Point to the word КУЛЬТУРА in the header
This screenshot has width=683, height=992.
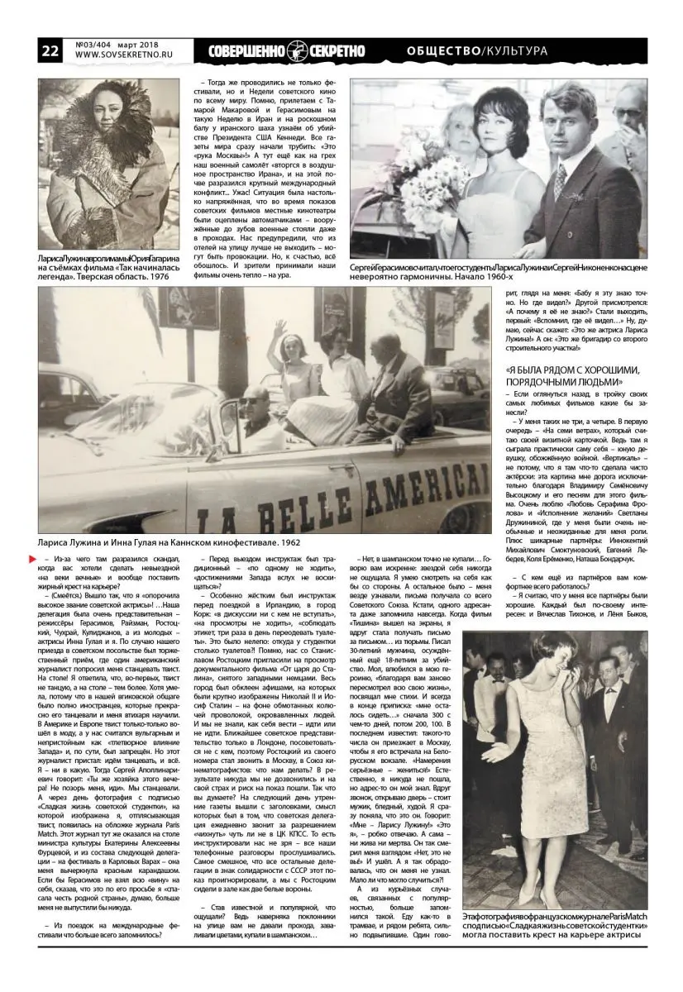(516, 51)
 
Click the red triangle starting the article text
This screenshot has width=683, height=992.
(45, 561)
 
